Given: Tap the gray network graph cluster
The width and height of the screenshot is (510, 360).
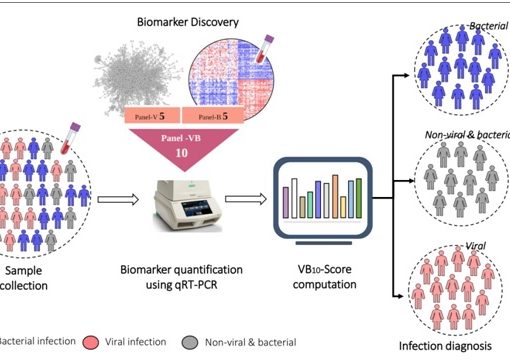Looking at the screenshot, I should pyautogui.click(x=138, y=69).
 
